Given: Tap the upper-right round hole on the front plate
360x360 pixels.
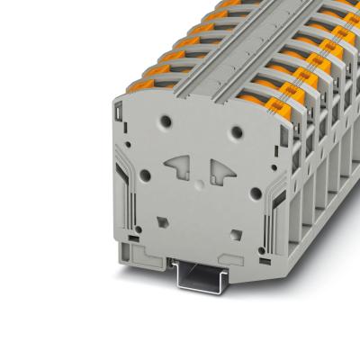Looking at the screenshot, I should click(x=236, y=132).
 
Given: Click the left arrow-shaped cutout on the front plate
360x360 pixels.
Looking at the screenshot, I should click(x=177, y=166).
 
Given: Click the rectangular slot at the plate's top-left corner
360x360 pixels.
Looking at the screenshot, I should click(x=120, y=113).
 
